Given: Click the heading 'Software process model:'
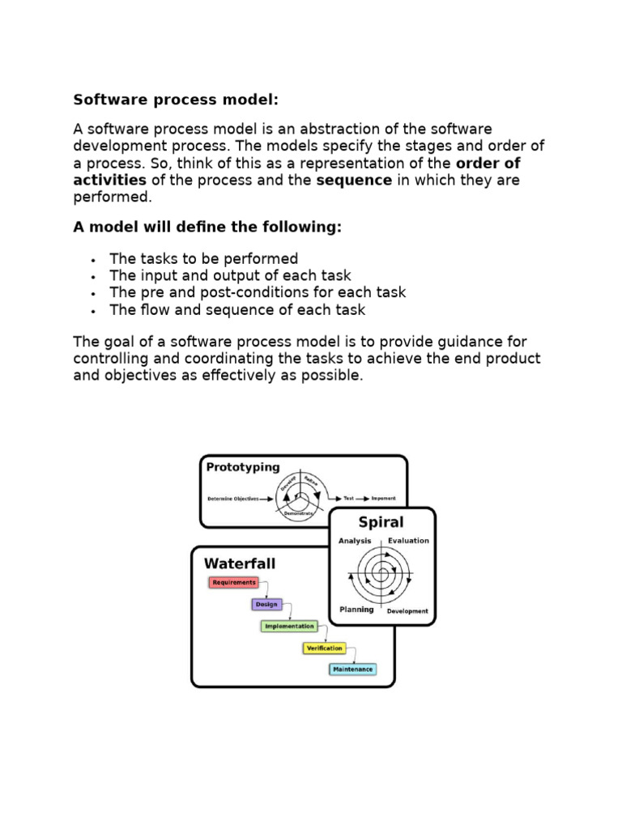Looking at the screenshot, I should pos(176,100).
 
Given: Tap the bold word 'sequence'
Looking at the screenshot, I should pos(353,180).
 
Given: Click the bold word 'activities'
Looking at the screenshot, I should pos(110,180).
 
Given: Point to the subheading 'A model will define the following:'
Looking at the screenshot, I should pos(207,227).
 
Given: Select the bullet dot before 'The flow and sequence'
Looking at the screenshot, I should pos(95,311).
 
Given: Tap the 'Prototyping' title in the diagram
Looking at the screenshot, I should pos(243,467).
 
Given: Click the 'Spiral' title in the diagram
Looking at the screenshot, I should pos(381,522).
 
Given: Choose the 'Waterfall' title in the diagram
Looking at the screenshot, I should pos(240,563).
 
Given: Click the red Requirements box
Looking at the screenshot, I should pos(234,582).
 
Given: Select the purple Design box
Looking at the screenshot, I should pos(266,604).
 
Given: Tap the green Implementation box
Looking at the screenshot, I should pos(288,626).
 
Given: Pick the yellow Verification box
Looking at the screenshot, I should pos(324,648).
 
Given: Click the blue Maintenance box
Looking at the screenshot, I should pos(352,670).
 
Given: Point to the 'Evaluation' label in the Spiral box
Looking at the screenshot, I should pos(408,541).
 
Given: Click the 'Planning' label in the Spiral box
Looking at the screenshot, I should pos(356,610).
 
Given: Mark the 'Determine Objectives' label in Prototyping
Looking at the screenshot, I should pos(232,499).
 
